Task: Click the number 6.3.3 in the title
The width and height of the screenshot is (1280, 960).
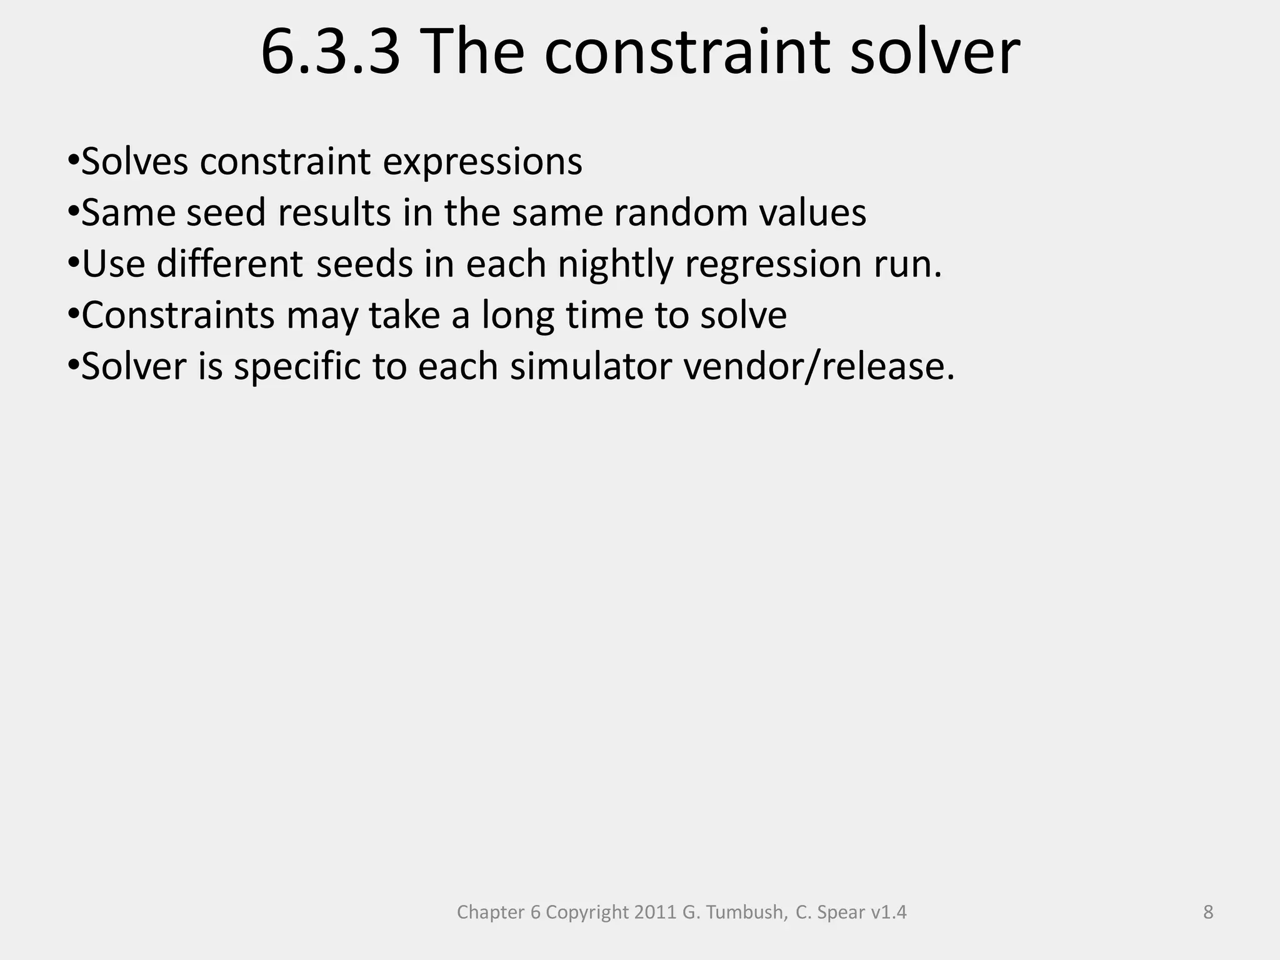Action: point(330,53)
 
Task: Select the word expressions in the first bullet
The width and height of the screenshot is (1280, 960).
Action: point(482,162)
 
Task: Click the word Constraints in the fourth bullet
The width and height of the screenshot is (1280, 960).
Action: point(177,316)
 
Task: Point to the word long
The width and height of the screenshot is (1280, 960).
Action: point(517,316)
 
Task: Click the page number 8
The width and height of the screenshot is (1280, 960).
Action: point(1208,912)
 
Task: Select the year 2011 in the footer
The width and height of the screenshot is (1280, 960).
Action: point(656,912)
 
